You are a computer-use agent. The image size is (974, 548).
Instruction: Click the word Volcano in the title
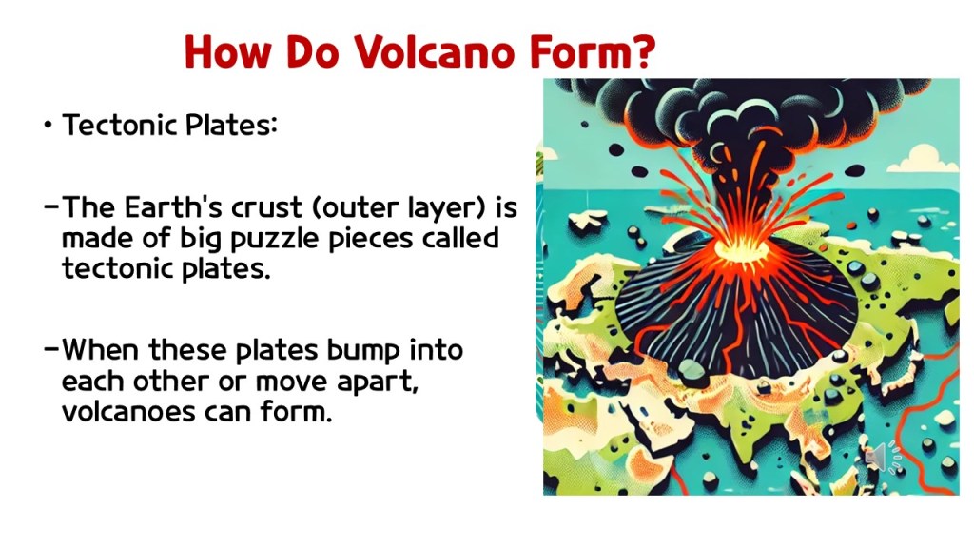point(435,51)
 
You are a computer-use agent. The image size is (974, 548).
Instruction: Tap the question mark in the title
point(646,51)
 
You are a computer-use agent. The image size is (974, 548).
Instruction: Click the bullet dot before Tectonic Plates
point(48,125)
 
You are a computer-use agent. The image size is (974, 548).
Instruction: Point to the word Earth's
point(173,206)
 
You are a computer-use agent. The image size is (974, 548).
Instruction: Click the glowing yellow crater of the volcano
point(742,251)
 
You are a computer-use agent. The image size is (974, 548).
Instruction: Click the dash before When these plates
point(52,348)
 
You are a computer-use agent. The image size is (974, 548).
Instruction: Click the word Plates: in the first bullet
point(231,125)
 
